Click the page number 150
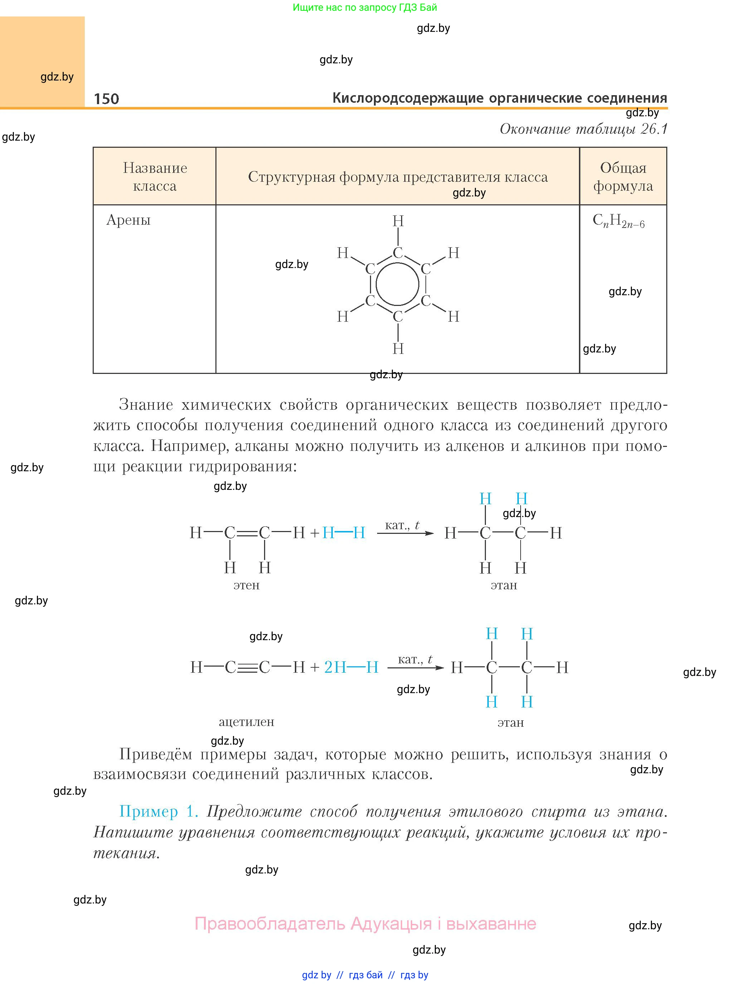[106, 99]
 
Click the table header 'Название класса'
[155, 176]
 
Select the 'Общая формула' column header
[623, 176]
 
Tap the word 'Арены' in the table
[128, 220]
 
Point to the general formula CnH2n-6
[618, 220]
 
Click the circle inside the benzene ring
[398, 284]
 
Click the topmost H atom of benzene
[398, 221]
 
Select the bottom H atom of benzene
[398, 349]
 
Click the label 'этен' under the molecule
[247, 585]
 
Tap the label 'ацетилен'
[247, 722]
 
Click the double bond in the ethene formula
[247, 533]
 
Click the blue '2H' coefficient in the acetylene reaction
[335, 667]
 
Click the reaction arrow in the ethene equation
[405, 534]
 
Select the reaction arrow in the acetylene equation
[415, 668]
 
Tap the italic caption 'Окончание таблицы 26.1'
[583, 129]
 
